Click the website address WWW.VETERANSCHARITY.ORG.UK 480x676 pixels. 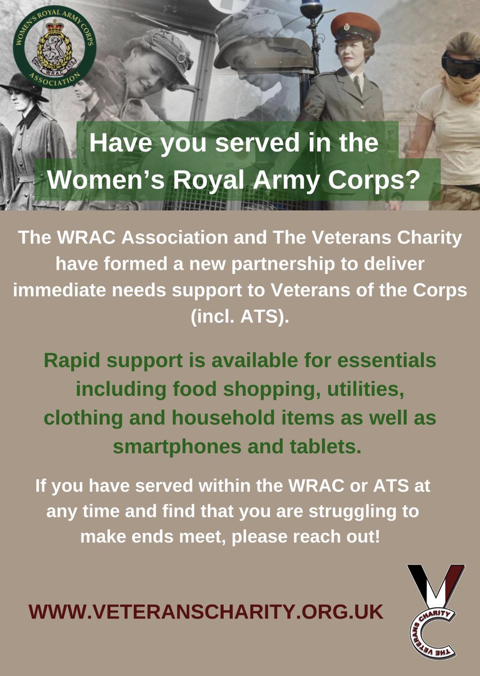pyautogui.click(x=206, y=611)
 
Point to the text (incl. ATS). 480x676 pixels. pyautogui.click(x=240, y=317)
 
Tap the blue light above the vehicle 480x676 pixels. pyautogui.click(x=311, y=8)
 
